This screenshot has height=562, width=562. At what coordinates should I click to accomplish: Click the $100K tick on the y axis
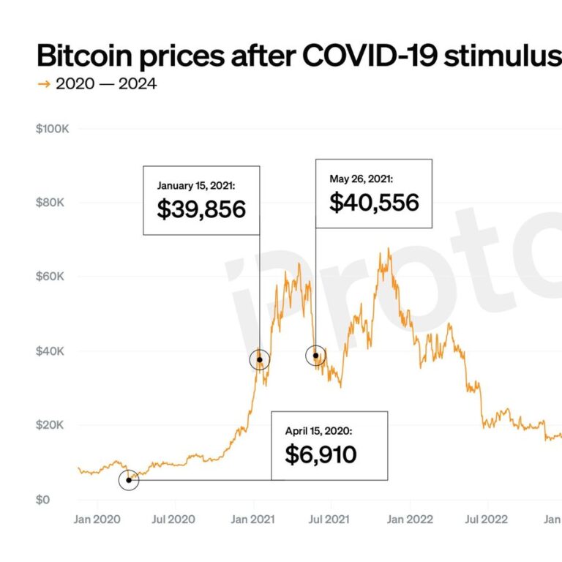tap(52, 129)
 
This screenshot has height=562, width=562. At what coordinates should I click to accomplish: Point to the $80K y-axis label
tap(52, 203)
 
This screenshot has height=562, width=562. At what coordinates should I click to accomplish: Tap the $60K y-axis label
tap(52, 277)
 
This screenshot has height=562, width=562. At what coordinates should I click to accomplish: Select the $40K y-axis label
tap(52, 351)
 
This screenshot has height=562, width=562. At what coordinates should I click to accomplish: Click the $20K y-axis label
tap(52, 425)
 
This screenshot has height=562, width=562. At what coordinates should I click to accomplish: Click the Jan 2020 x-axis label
tap(98, 520)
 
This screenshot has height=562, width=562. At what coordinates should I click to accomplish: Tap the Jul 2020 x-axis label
tap(173, 520)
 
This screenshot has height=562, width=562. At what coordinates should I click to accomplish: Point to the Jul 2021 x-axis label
tap(328, 520)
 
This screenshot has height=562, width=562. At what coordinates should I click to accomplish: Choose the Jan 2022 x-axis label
tap(410, 520)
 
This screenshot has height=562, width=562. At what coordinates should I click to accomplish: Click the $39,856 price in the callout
tap(201, 209)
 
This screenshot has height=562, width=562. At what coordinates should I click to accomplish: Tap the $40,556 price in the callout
tap(374, 202)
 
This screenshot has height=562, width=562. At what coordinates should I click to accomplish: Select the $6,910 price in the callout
tap(321, 455)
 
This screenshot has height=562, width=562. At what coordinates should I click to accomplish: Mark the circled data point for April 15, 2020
tap(129, 480)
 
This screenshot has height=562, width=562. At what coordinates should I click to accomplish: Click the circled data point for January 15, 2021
tap(259, 359)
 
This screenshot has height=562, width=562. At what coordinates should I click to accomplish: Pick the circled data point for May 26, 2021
tap(315, 356)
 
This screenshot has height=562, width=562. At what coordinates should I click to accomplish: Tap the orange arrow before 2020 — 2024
tap(44, 84)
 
